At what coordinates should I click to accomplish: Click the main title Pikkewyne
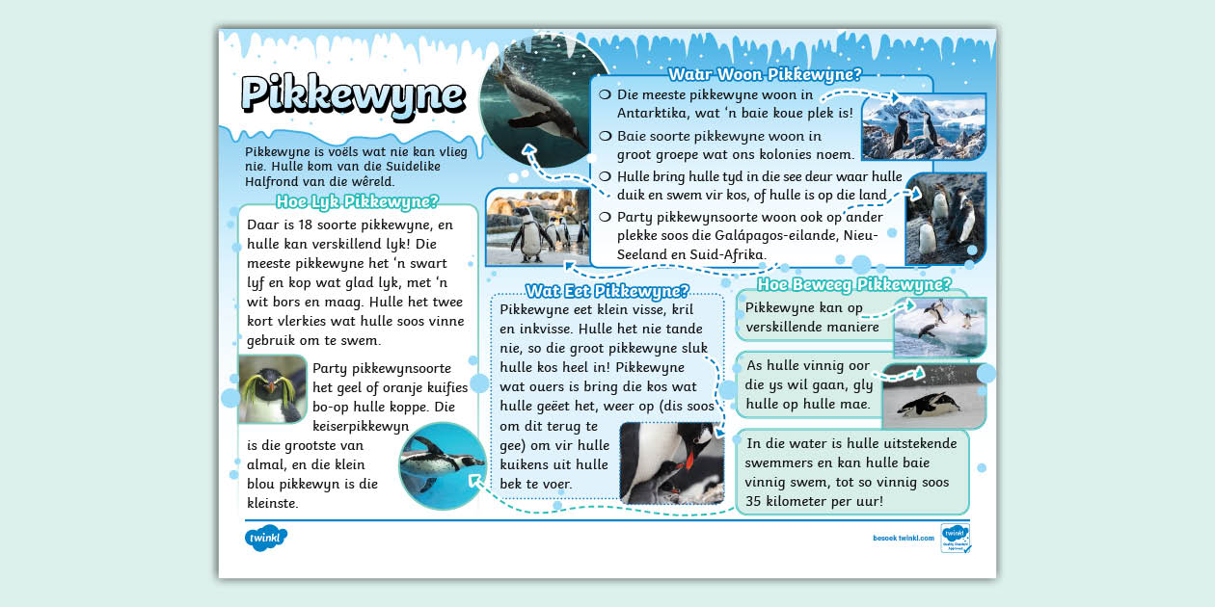point(353,94)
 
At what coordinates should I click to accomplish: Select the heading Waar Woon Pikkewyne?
point(765,74)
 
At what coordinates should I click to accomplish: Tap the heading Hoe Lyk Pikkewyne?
point(357,201)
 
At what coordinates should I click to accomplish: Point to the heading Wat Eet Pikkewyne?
point(607,290)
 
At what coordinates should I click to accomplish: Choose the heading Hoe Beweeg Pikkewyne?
point(854,284)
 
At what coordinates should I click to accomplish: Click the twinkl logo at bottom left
point(265,538)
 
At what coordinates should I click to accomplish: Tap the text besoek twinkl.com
point(901,539)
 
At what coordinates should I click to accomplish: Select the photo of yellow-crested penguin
point(272,389)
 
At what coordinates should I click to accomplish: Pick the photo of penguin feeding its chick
point(671,462)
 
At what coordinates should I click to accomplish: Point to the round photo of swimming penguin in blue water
point(442,465)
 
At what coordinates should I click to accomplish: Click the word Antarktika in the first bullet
point(652,113)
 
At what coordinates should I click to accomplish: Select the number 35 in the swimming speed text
point(756,501)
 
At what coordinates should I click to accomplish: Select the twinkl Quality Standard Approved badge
point(955,538)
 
